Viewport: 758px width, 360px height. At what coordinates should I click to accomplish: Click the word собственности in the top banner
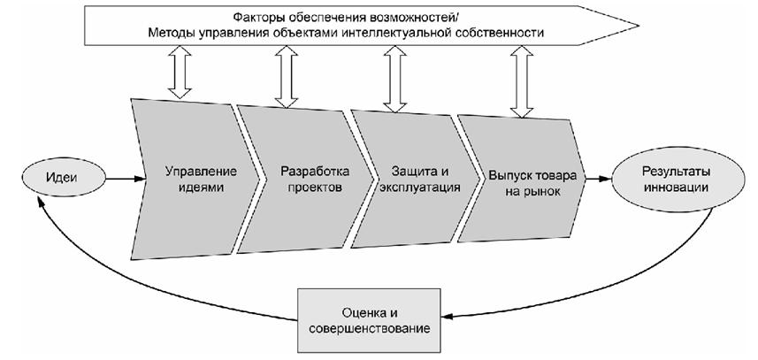click(503, 33)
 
